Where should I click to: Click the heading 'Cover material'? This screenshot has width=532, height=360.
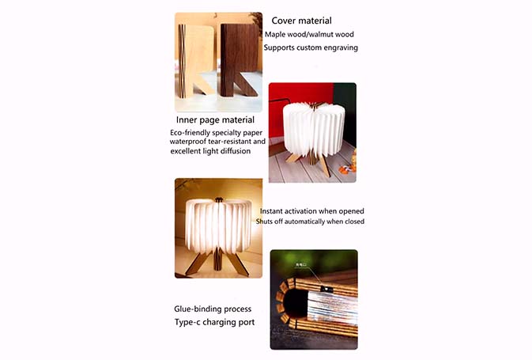(301, 21)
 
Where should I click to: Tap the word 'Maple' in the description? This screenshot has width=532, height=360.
(274, 35)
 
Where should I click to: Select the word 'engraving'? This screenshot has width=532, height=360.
(341, 48)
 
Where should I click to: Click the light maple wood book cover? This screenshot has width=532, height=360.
(197, 61)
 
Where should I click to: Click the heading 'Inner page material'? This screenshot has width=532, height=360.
(215, 120)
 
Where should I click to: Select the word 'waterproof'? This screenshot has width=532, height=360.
(187, 142)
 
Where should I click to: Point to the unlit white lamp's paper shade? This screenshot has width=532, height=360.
(314, 129)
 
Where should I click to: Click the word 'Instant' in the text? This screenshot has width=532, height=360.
(271, 211)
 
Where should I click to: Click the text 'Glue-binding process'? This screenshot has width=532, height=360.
(213, 309)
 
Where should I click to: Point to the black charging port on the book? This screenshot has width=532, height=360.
(325, 289)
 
